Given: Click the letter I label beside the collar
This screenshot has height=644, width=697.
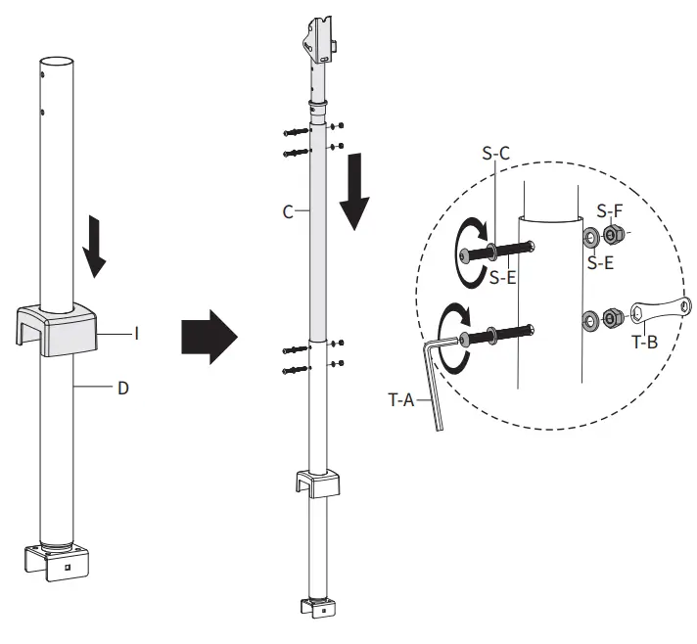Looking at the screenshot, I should [x=136, y=335].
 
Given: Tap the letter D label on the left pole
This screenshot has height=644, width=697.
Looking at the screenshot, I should [x=122, y=390].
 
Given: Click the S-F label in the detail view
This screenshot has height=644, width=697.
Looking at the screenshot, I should [x=609, y=210].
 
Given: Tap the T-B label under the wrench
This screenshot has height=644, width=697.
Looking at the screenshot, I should [x=644, y=343].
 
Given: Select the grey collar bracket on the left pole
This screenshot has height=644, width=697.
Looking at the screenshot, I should [x=60, y=327].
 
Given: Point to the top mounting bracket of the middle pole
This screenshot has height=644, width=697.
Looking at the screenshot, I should [x=319, y=37].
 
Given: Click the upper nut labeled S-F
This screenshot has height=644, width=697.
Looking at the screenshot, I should [x=614, y=235].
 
